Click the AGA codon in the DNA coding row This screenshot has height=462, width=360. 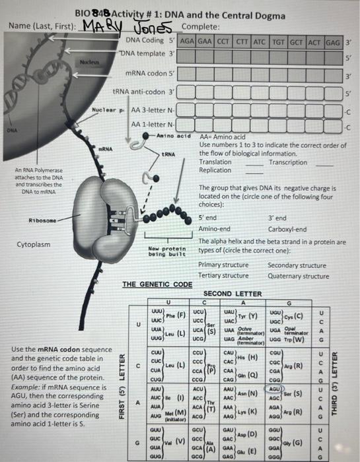coord(187,40)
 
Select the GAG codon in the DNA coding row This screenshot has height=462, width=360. coord(332,40)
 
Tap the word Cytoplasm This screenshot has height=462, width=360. coord(34,245)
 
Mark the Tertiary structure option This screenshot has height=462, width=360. coord(224,276)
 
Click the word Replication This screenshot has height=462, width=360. coord(215,170)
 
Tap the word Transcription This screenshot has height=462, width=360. coord(288,162)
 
